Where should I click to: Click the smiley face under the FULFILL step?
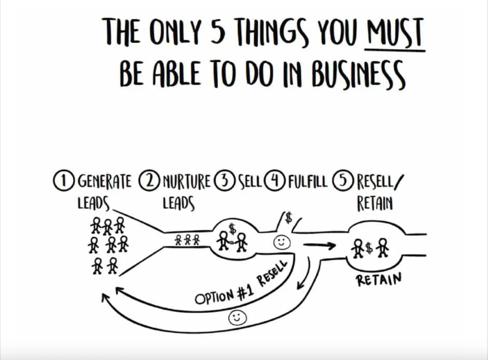280,242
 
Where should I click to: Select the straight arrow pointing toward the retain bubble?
319,245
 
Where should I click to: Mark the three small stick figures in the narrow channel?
187,240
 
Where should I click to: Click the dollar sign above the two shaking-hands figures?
232,229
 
